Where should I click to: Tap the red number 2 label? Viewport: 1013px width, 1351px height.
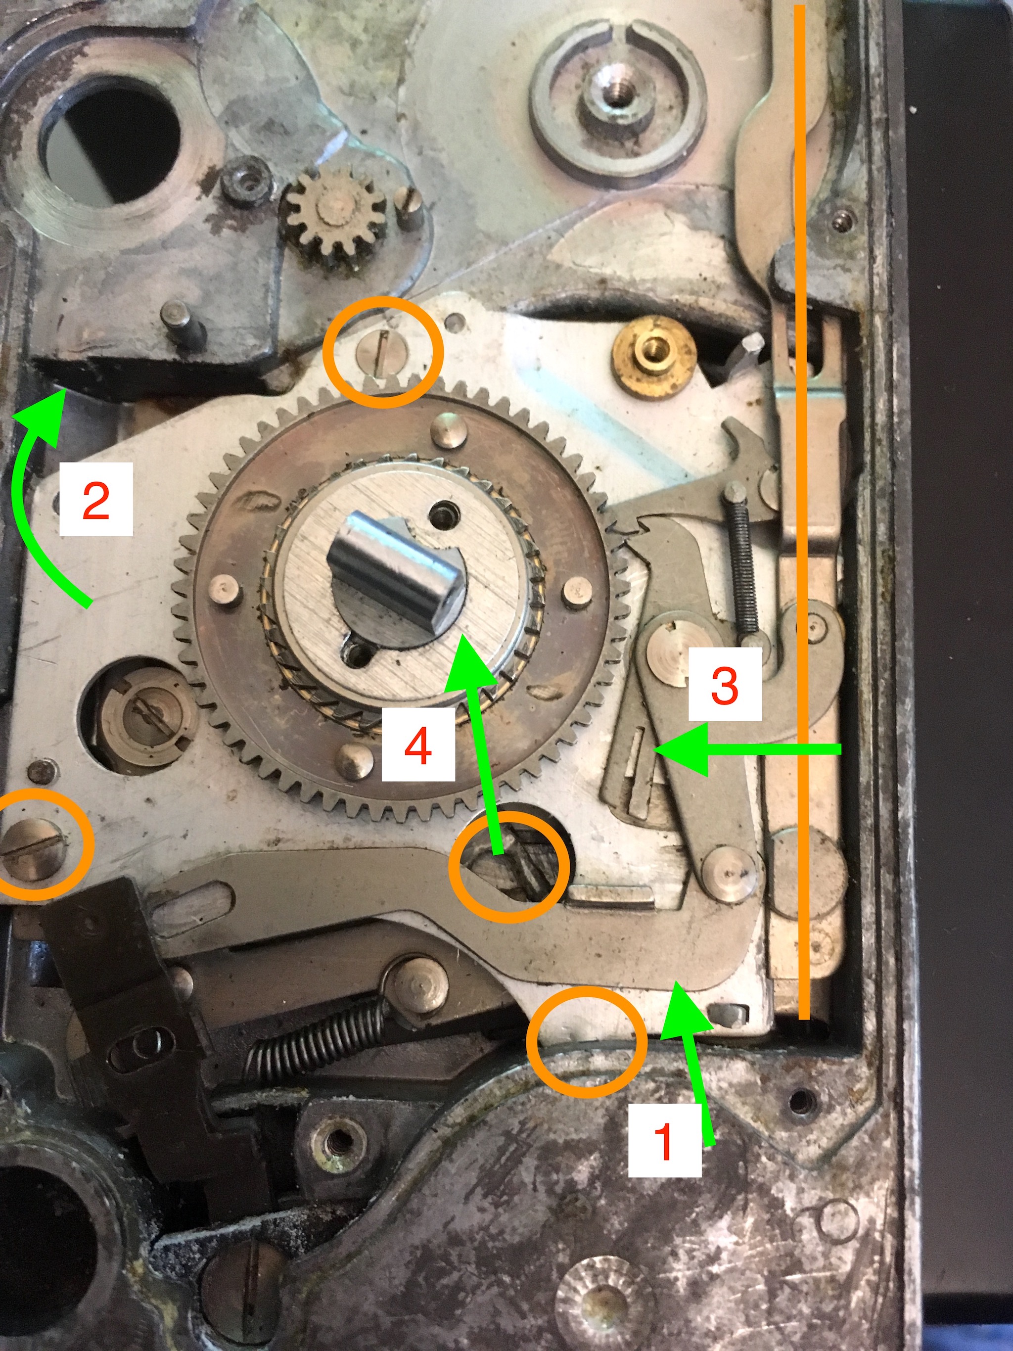(96, 500)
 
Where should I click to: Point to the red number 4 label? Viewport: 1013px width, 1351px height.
(418, 745)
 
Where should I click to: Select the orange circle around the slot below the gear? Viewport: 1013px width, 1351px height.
(508, 867)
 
